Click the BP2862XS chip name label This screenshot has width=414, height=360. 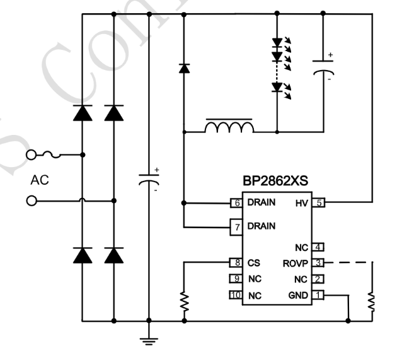(x=276, y=180)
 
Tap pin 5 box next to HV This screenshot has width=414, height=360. (x=319, y=203)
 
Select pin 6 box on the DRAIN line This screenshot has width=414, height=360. (x=237, y=203)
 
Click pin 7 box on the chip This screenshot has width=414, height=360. (x=237, y=226)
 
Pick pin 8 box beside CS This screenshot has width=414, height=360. (x=237, y=263)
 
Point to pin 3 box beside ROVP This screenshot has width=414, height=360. (x=319, y=263)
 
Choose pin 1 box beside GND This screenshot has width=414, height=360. (x=319, y=294)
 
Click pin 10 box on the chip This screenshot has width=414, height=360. (x=236, y=294)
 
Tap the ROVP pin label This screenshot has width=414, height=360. (x=294, y=263)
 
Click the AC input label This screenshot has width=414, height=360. (x=40, y=180)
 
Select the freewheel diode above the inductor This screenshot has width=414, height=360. (x=184, y=68)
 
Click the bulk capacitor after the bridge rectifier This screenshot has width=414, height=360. (x=149, y=179)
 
